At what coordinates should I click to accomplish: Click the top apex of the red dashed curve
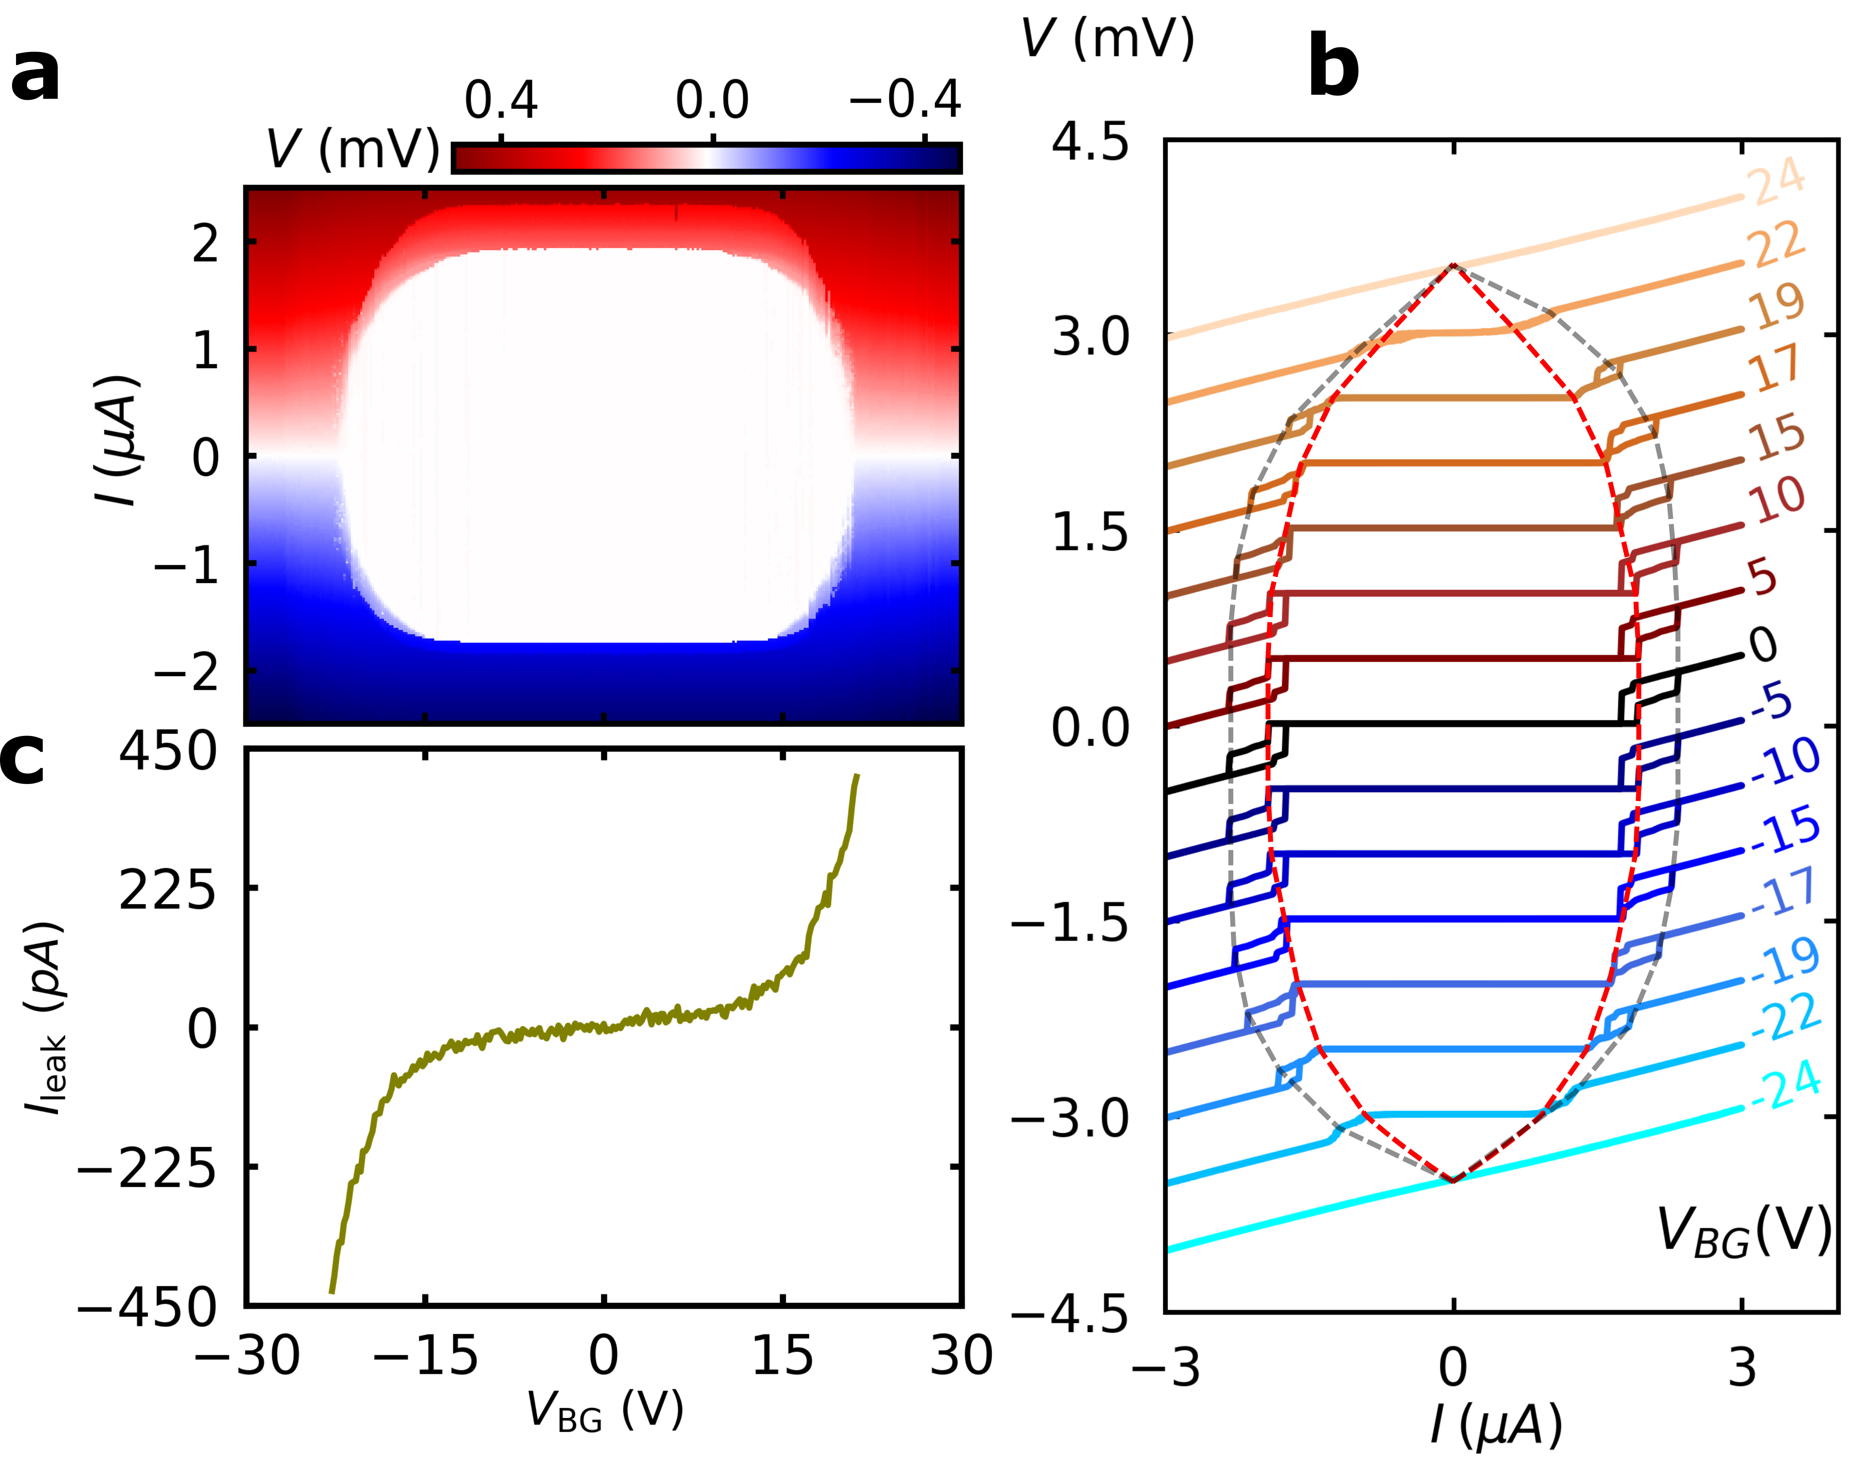click(x=1453, y=265)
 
